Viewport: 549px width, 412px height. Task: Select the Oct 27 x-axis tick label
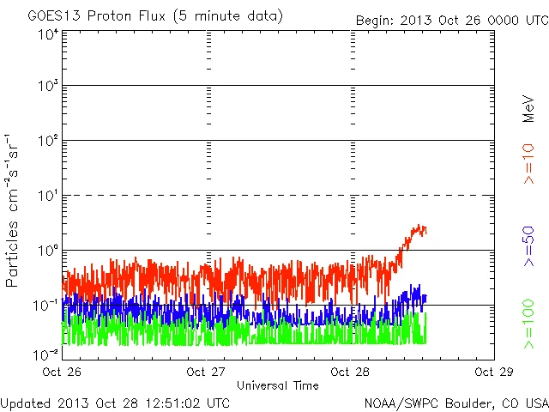(x=206, y=373)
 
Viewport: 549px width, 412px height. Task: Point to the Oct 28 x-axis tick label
(x=350, y=373)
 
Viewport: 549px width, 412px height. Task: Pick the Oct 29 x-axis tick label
(x=494, y=373)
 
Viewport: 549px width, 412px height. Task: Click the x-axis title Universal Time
(x=278, y=385)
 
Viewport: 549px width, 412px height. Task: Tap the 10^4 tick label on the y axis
(x=47, y=34)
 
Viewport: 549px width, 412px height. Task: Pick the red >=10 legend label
(x=528, y=164)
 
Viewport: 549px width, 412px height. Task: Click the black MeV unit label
(x=528, y=109)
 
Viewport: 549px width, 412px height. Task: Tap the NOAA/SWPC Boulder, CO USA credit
(x=455, y=403)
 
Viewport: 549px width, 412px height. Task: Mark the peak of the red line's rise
(x=419, y=226)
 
